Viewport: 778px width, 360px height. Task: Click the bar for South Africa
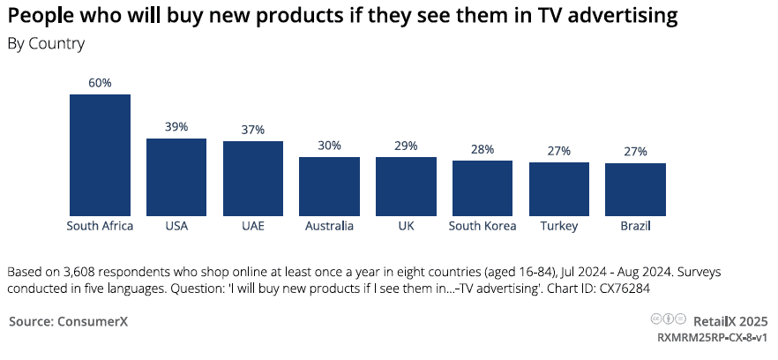(100, 154)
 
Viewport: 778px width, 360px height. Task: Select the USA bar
(176, 176)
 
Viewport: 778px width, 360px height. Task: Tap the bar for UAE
(252, 178)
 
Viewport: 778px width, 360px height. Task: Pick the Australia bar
(329, 186)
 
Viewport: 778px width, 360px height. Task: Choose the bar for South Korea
(483, 188)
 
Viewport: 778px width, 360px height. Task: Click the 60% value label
(100, 83)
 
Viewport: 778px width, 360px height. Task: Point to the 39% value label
(176, 127)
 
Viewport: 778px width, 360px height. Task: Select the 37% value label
(252, 130)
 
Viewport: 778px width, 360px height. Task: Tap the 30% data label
(329, 146)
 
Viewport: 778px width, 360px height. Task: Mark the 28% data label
(483, 149)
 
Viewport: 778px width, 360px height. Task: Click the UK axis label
(406, 226)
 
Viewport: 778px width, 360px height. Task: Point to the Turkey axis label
(559, 226)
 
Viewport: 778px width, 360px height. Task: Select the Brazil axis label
(635, 226)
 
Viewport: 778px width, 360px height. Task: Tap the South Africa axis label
(100, 226)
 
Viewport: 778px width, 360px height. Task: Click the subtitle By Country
(46, 43)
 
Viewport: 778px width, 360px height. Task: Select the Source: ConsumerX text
(69, 321)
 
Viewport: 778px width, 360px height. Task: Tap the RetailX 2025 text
(731, 321)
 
